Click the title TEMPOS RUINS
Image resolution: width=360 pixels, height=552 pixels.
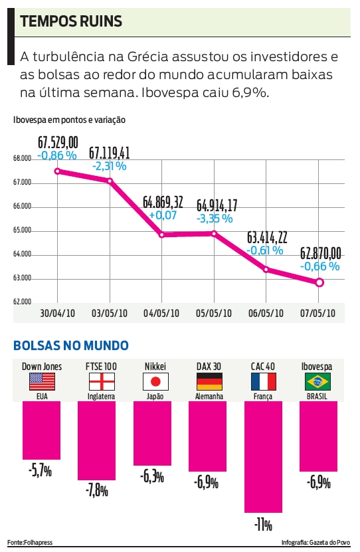click(71, 21)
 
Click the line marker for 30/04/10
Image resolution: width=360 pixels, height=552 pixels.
click(58, 171)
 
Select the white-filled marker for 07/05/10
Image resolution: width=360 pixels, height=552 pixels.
click(319, 282)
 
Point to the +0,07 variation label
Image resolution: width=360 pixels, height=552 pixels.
click(163, 215)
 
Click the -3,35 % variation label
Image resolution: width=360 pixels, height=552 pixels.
click(215, 218)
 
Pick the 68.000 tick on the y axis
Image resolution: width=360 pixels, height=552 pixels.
click(22, 159)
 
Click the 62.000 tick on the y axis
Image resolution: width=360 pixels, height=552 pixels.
click(22, 302)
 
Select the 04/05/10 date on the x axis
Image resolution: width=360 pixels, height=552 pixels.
click(162, 314)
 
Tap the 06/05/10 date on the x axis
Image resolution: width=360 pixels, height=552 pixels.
click(266, 314)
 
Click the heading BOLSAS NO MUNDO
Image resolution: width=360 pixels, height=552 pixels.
click(71, 346)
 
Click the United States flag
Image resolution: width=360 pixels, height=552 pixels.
click(42, 381)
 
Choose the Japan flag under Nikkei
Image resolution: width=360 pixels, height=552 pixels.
click(155, 381)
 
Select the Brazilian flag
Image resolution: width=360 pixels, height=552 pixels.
click(317, 381)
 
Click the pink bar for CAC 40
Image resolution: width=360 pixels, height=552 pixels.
click(264, 458)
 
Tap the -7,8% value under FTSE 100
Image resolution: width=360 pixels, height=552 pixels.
click(97, 491)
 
